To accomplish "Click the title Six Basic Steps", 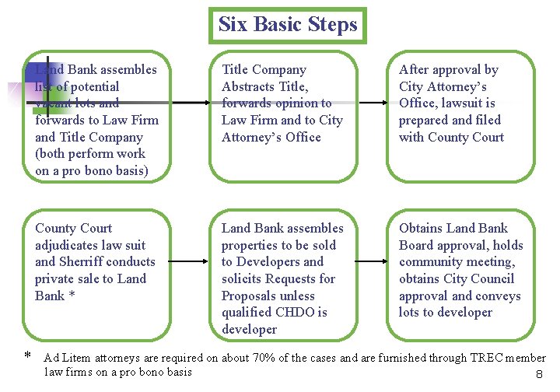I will pyautogui.click(x=288, y=24).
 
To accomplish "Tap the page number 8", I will pyautogui.click(x=538, y=375).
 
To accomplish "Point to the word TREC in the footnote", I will pyautogui.click(x=489, y=358).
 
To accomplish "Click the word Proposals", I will pyautogui.click(x=250, y=296).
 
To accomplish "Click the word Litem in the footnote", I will pyautogui.click(x=77, y=358).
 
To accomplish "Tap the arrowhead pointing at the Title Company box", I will pyautogui.click(x=200, y=103).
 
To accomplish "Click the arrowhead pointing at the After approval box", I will pyautogui.click(x=384, y=103).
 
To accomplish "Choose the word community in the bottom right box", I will pyautogui.click(x=433, y=261).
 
